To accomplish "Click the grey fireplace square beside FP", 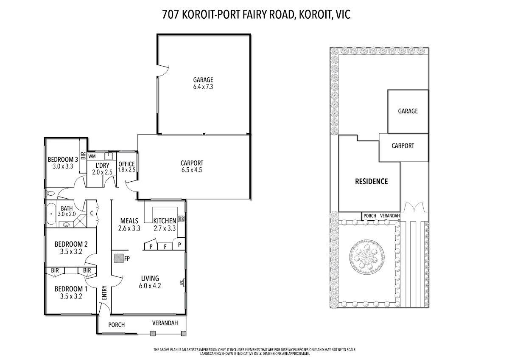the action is [x=119, y=259].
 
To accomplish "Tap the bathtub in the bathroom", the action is [x=51, y=214].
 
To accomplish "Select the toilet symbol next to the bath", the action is [x=51, y=194].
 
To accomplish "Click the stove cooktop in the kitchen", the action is [x=182, y=219].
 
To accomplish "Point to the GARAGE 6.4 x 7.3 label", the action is [x=203, y=83].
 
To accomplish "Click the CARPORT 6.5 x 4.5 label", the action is [x=192, y=166].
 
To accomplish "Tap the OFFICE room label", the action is [x=126, y=164].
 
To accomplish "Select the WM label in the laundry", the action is [x=92, y=156].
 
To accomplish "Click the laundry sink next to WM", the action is [x=109, y=156].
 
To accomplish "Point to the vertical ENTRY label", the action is [x=104, y=292].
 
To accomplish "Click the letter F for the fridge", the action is [x=165, y=246].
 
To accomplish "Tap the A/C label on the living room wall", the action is [x=182, y=283].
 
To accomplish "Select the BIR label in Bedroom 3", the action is [x=83, y=155].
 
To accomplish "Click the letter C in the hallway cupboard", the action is [x=92, y=213].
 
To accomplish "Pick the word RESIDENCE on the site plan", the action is [x=371, y=181].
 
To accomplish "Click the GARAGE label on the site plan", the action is [x=408, y=111].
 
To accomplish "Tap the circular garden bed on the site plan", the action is [x=367, y=257].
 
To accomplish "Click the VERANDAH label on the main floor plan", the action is [x=165, y=323].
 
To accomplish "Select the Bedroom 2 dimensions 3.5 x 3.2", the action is [x=71, y=251].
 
